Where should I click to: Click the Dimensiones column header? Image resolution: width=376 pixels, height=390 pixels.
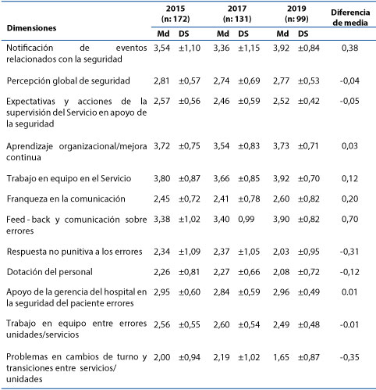tap(31, 28)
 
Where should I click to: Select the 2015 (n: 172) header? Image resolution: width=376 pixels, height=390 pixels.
tap(176, 13)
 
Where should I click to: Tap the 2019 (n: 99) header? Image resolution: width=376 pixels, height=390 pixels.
tap(296, 13)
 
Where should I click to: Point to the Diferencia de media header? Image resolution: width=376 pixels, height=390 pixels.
tap(350, 17)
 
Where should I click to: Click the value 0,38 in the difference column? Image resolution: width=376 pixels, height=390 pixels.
tap(350, 48)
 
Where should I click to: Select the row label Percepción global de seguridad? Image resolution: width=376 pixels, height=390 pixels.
tap(69, 81)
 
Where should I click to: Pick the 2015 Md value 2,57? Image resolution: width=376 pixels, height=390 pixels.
tap(161, 101)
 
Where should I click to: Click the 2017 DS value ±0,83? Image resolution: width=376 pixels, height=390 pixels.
tap(249, 146)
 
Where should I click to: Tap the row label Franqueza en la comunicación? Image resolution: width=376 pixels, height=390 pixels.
tap(66, 199)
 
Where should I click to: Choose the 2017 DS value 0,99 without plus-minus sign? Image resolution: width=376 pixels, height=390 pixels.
tap(246, 219)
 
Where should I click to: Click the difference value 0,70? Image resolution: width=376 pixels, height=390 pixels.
tap(350, 219)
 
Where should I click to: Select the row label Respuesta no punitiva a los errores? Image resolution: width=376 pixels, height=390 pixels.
tap(74, 252)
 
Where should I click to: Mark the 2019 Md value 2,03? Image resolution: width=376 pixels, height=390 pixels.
tap(281, 252)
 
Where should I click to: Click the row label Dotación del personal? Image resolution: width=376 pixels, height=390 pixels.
tap(50, 272)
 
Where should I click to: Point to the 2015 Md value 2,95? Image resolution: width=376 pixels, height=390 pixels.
tap(161, 292)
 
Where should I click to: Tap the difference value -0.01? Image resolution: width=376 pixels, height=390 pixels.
tap(349, 325)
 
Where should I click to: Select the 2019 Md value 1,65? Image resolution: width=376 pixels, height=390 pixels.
tap(281, 357)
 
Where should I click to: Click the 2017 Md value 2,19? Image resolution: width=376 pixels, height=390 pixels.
tap(222, 357)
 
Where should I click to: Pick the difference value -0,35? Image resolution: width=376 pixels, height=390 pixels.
tap(349, 357)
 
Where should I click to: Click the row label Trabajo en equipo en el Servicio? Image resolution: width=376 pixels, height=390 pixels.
tap(69, 178)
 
